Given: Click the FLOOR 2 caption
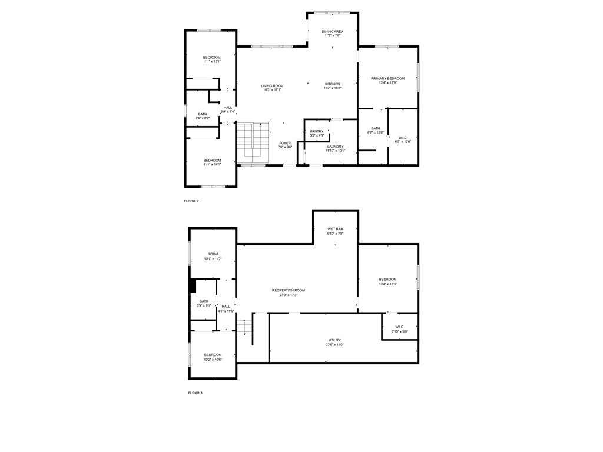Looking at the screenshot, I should pyautogui.click(x=191, y=201).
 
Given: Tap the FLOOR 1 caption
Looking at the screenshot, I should pyautogui.click(x=195, y=393).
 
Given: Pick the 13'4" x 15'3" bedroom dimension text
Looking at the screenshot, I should pyautogui.click(x=387, y=284).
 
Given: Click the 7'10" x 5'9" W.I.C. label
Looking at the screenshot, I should pyautogui.click(x=400, y=330).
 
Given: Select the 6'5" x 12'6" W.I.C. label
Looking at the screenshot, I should pyautogui.click(x=403, y=139).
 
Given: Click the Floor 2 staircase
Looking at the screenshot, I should pyautogui.click(x=253, y=143).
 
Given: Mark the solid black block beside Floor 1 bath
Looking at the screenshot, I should pyautogui.click(x=193, y=285).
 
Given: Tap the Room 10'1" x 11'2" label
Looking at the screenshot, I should pyautogui.click(x=213, y=257).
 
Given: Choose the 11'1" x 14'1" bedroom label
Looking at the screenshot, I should pyautogui.click(x=212, y=162).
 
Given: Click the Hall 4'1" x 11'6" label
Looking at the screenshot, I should pyautogui.click(x=226, y=308).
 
